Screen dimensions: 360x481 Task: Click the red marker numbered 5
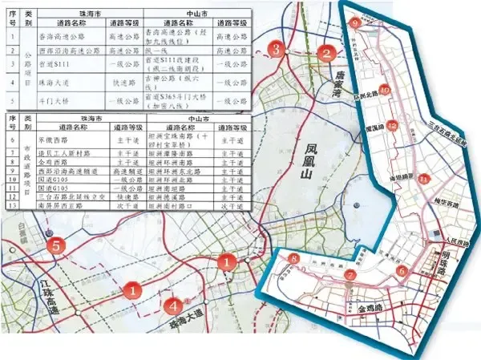55,247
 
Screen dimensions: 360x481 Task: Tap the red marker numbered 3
276,51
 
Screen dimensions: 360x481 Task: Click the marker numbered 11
424,178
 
